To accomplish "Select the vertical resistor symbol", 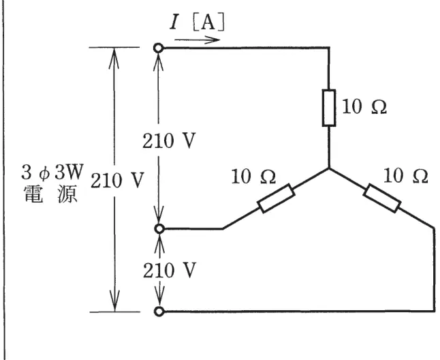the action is [329, 108].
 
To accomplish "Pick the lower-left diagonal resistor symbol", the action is [276, 198].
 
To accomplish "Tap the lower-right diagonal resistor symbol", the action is [382, 198].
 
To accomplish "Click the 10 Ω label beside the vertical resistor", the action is [364, 107].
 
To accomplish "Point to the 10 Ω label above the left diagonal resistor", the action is [253, 177].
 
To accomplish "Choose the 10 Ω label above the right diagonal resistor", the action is [405, 176].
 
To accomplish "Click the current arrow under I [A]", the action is [198, 40].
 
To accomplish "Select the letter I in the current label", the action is [174, 22].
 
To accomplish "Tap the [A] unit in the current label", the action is [209, 22].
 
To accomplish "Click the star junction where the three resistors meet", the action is [329, 168].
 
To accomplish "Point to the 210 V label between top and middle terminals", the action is [169, 140].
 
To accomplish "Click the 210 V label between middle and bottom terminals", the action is [169, 271].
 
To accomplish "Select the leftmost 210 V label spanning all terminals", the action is [117, 180].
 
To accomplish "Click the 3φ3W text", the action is [52, 172].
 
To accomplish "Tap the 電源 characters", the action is [51, 194].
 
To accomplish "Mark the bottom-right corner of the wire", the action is [435, 311].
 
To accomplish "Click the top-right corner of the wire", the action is [329, 48].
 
